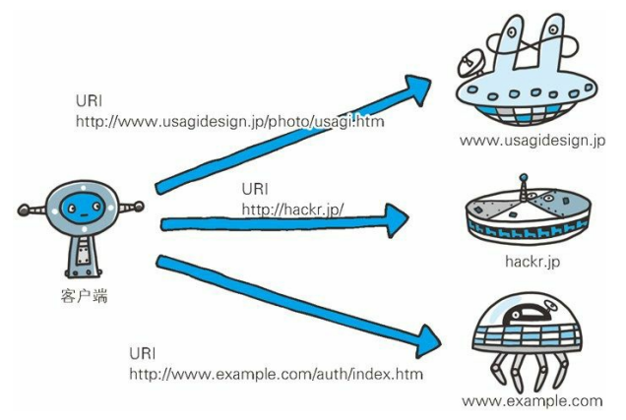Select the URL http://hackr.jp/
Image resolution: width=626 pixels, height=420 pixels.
click(298, 208)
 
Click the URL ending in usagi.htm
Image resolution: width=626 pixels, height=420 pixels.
click(229, 121)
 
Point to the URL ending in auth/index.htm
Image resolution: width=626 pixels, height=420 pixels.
click(277, 375)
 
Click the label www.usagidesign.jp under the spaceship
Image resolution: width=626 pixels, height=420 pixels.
click(532, 141)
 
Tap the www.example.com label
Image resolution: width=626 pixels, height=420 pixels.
click(532, 400)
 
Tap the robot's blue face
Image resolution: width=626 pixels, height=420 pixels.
click(82, 208)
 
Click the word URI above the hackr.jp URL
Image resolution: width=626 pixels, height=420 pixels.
click(255, 188)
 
